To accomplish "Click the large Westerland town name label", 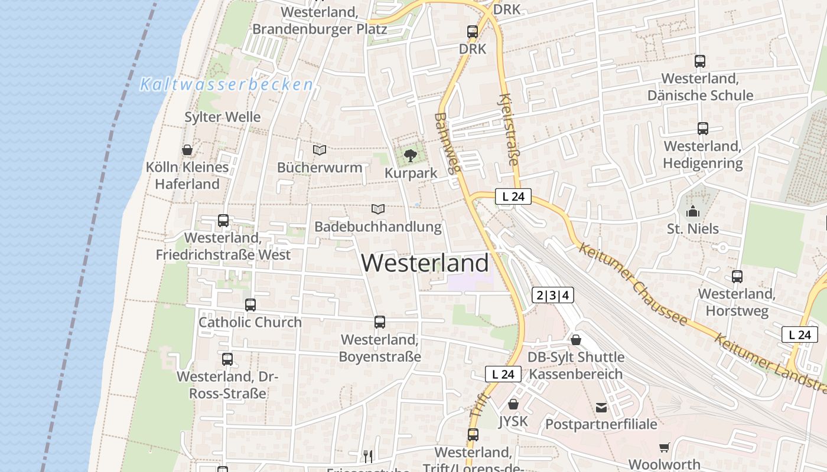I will (425, 263).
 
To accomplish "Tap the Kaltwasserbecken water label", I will (226, 84).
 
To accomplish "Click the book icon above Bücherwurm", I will (320, 150).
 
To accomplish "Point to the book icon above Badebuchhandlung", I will (378, 209).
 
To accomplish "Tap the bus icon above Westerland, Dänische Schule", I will (700, 61).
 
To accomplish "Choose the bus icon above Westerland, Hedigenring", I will (702, 129).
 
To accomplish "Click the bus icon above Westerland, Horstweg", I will (737, 276).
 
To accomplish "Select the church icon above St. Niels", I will (693, 211).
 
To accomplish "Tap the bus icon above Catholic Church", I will (250, 305).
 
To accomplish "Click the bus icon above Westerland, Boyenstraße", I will (380, 322).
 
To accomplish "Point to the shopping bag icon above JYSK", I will (513, 404).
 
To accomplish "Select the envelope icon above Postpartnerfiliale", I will (601, 407).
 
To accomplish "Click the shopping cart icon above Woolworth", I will (665, 448).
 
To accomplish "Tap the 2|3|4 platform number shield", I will (553, 295).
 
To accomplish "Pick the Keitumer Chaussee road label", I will (633, 284).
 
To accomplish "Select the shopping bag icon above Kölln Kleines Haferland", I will (187, 150).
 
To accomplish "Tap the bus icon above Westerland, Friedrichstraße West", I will (223, 221).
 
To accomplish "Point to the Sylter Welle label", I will (223, 117).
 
